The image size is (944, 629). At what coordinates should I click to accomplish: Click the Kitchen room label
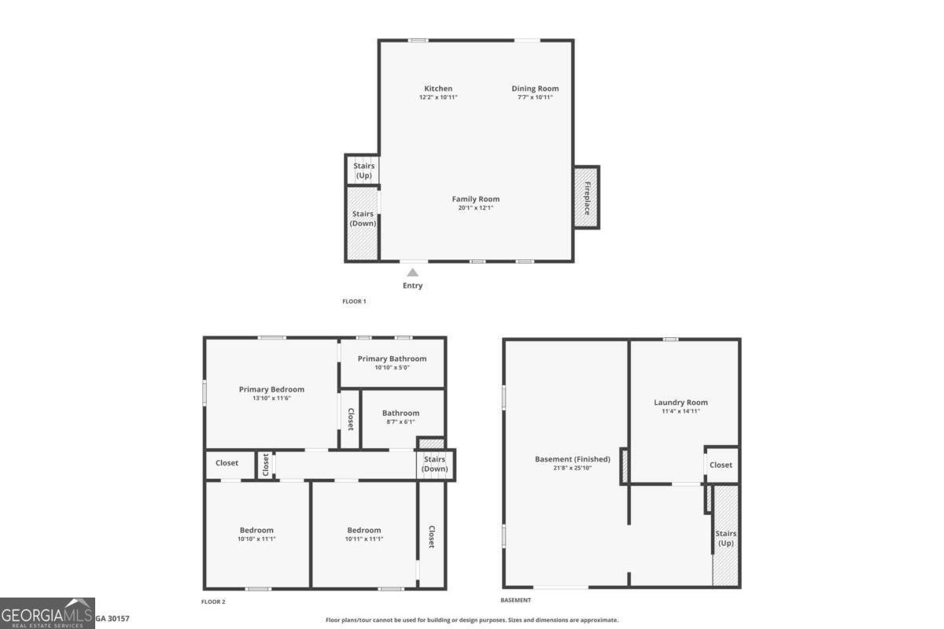[438, 89]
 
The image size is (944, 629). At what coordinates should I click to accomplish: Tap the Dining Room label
[535, 89]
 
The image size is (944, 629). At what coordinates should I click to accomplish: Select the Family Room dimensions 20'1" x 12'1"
[475, 208]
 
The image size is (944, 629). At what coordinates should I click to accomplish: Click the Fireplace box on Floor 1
[587, 197]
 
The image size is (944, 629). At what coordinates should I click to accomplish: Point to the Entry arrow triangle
[412, 272]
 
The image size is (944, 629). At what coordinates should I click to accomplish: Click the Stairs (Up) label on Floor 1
[363, 170]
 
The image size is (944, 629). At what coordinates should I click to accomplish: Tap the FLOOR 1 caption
[354, 301]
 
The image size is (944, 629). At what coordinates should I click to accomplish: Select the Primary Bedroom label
[271, 389]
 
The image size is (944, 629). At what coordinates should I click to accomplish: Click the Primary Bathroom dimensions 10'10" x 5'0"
[392, 367]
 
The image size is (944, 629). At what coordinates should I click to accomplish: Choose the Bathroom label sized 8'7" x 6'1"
[400, 413]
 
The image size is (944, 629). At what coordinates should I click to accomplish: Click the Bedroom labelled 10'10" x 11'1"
[256, 530]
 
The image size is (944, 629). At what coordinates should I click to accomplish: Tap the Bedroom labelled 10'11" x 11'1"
[363, 530]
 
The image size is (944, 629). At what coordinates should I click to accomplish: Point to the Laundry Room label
[680, 403]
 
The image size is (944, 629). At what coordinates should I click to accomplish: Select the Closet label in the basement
[721, 465]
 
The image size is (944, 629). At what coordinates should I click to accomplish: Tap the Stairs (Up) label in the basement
[725, 539]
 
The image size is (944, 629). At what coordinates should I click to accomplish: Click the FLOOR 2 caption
[213, 601]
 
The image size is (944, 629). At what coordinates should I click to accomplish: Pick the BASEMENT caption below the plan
[516, 600]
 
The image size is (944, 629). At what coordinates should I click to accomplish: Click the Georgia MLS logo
[47, 612]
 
